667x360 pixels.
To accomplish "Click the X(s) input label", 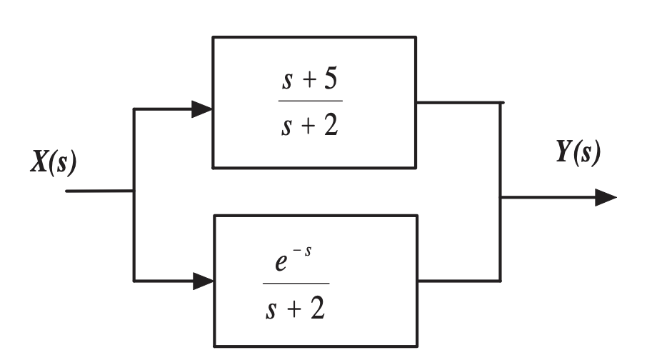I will (54, 162).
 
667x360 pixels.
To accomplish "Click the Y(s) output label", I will (578, 153).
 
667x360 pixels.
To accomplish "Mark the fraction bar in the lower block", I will (296, 284).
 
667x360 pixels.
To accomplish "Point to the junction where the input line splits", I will (134, 191).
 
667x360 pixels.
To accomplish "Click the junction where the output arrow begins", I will (500, 197).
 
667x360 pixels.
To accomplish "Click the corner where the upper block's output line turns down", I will (501, 103).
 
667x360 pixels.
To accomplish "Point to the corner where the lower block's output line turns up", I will (500, 281).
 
